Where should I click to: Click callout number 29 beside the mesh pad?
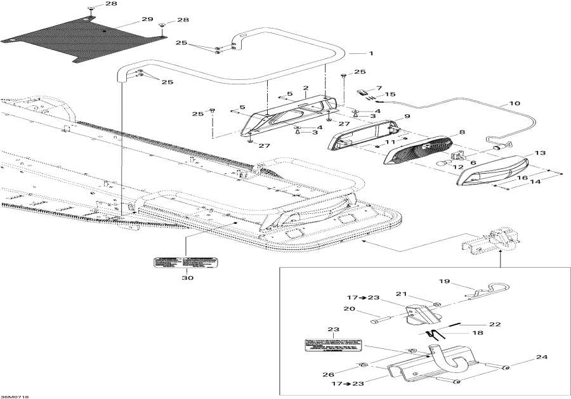point(147,20)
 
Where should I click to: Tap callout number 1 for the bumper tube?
point(371,53)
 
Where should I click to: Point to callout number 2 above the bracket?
point(305,88)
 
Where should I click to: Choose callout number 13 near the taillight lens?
point(539,153)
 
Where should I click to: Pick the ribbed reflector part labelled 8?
point(419,150)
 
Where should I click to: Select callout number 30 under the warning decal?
point(188,277)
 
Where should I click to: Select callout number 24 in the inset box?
point(541,357)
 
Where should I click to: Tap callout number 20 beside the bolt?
point(348,309)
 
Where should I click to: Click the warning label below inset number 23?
point(333,346)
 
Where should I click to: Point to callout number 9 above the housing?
point(407,117)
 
